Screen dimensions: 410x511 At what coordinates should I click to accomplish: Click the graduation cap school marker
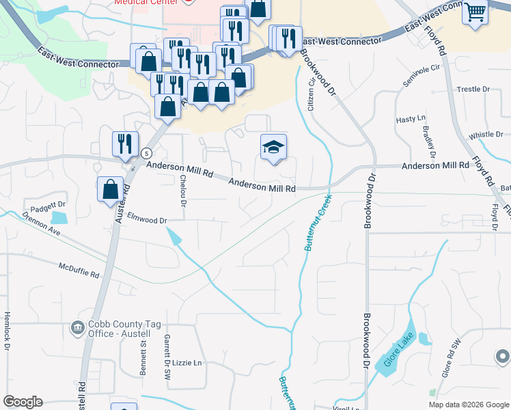(x=273, y=147)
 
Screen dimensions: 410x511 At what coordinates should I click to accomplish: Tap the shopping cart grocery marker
(x=475, y=12)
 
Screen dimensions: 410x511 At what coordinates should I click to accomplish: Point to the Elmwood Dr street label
(x=147, y=220)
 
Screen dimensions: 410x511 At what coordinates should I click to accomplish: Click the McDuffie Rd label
(x=79, y=270)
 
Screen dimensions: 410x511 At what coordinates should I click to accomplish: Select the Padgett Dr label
(x=46, y=204)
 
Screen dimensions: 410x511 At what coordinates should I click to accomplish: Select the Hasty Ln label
(x=411, y=119)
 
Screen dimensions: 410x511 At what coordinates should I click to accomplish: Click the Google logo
(x=23, y=402)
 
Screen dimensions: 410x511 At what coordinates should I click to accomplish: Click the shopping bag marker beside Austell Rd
(x=110, y=189)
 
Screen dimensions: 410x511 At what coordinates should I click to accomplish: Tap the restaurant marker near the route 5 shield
(x=124, y=143)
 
